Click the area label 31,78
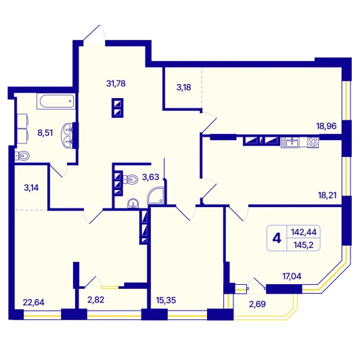pos(116,83)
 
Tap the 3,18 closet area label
pos(183,87)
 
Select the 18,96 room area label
pos(326,126)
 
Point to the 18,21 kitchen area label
pos(327,195)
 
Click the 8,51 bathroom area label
pos(45,133)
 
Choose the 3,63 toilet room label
pos(151,177)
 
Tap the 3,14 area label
pos(31,188)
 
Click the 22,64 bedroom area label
pos(34,302)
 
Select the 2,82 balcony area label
pos(95,300)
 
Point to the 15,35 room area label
pos(166,300)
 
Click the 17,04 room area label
pos(292,276)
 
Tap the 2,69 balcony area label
pos(257,304)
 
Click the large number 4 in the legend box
pos(277,238)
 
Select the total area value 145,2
pos(303,245)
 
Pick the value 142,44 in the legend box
pos(304,232)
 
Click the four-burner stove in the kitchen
pos(313,142)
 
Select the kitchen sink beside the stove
pos(290,142)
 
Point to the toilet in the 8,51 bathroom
pos(22,156)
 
